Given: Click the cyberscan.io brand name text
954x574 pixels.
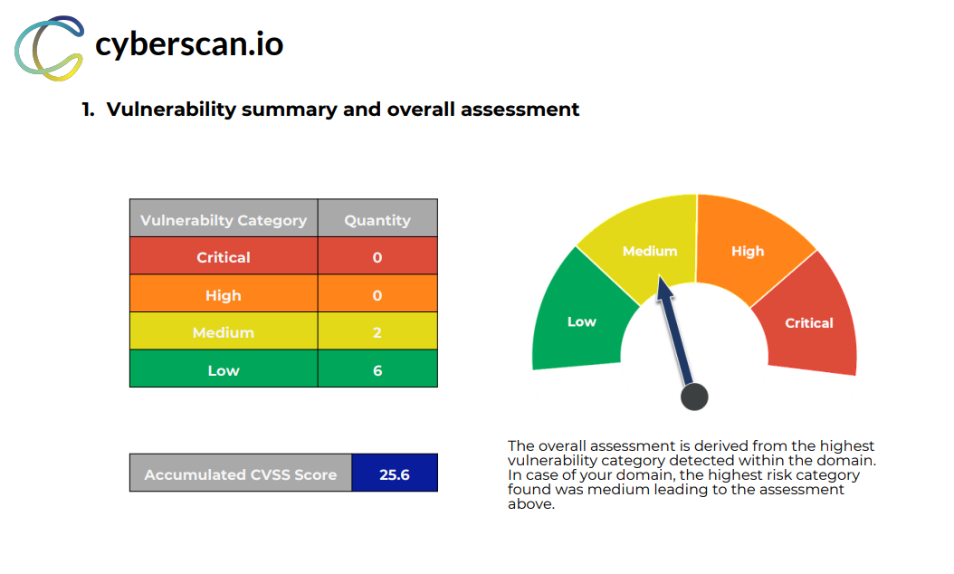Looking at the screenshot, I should [189, 44].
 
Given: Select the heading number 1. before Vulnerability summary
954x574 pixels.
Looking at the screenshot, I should [88, 110].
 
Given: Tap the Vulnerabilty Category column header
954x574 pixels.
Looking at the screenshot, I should [224, 220].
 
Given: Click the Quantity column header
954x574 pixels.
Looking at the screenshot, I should [377, 220].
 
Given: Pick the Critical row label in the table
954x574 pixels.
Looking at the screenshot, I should [224, 257].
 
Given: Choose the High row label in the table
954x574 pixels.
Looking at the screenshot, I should [224, 295].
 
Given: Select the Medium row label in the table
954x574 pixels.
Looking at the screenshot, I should [224, 332].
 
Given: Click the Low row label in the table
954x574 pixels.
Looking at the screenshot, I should [224, 370].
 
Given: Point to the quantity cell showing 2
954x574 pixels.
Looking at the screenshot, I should [377, 332].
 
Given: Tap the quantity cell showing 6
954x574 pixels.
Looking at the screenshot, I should [377, 370].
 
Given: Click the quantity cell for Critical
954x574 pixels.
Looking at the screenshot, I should [377, 257].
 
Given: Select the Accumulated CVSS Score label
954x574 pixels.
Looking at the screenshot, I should [241, 474].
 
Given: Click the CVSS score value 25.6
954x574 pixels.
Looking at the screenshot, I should [395, 474].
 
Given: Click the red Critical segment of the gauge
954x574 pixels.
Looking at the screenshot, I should [808, 322].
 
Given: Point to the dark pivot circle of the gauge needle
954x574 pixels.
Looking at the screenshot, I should [694, 397].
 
